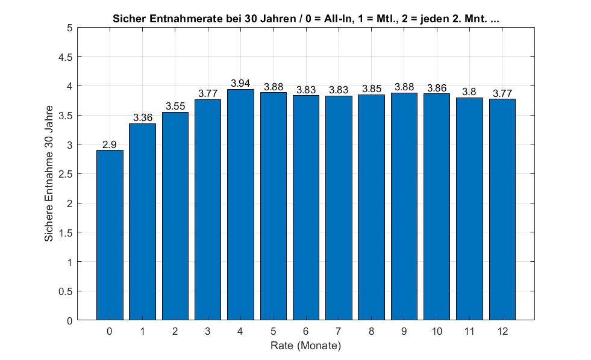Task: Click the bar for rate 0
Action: click(x=110, y=235)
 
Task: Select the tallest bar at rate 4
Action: click(x=240, y=205)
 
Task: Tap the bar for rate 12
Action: click(x=502, y=209)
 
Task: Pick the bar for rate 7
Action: click(x=339, y=208)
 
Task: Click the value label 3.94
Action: click(x=240, y=83)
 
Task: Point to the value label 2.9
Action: click(x=109, y=144)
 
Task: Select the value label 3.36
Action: click(x=142, y=117)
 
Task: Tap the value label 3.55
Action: click(x=175, y=106)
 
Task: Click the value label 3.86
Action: click(x=437, y=88)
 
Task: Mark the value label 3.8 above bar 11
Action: click(x=469, y=92)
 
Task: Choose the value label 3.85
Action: click(x=372, y=89)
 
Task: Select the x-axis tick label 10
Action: click(x=437, y=331)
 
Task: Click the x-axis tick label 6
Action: click(x=305, y=331)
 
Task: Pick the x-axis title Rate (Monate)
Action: click(x=305, y=346)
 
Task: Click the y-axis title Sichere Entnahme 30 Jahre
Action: click(x=49, y=173)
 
